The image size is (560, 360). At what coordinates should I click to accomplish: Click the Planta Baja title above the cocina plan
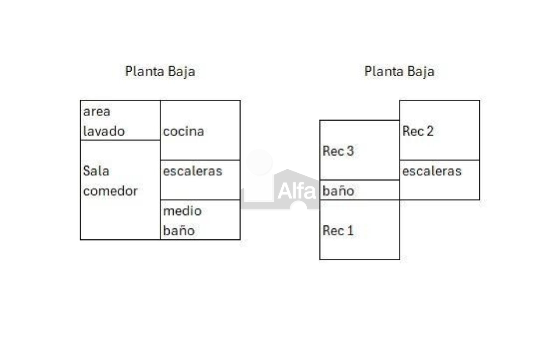160,72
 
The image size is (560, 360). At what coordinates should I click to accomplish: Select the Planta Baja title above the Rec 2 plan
399,72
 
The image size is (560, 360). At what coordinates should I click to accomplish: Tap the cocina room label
183,132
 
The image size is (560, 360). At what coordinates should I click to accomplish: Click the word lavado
104,131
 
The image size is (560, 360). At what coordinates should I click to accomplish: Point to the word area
97,112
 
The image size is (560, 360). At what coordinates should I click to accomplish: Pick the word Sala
96,171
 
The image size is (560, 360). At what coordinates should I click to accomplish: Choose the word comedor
110,191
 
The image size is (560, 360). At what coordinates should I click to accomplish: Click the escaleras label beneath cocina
192,171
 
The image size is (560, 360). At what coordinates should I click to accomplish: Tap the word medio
182,211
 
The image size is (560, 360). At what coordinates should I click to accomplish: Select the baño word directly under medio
179,231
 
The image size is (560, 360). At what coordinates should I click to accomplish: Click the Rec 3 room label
338,151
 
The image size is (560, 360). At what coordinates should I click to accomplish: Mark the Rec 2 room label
418,131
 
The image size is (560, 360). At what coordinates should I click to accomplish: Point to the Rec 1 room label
338,231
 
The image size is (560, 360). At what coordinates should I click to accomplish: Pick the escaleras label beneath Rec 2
432,171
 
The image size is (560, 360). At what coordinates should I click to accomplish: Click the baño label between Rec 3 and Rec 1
339,191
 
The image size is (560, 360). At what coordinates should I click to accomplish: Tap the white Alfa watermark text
297,191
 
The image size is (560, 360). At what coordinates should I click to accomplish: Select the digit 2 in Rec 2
430,131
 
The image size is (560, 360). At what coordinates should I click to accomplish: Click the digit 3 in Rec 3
350,151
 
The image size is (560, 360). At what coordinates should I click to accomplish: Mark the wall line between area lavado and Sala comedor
120,140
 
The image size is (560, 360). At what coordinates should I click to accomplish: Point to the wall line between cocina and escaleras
200,160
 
